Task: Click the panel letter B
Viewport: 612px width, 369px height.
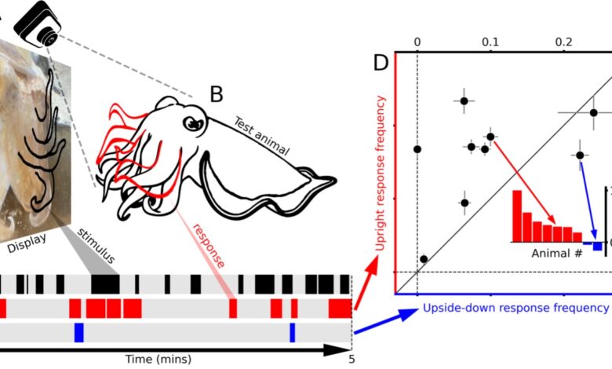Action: tap(216, 95)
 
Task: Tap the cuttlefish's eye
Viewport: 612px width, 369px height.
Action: tap(191, 125)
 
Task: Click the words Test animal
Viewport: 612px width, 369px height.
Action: tap(261, 136)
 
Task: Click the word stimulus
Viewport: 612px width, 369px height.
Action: tap(98, 245)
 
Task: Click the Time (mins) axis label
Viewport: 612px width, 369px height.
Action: tap(158, 359)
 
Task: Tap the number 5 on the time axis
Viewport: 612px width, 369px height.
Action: tap(352, 359)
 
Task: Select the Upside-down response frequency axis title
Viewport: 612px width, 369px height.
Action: tap(514, 307)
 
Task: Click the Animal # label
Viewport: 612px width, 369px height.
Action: tap(555, 254)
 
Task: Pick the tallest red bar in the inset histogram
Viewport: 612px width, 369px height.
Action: tap(517, 215)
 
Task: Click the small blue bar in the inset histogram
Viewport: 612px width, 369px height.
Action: tap(597, 246)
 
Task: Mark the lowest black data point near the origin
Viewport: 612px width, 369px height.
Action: tap(424, 259)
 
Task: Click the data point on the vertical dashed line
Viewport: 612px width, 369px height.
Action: tap(417, 148)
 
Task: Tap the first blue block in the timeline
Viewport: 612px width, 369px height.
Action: tap(78, 332)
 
